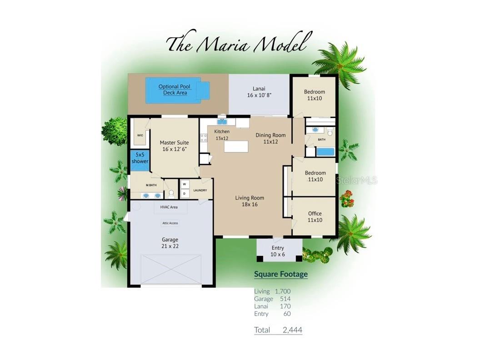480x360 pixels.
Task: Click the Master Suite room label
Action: [x=174, y=142]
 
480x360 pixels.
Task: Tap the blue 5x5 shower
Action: [x=140, y=161]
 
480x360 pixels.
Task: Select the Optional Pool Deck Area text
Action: [x=175, y=90]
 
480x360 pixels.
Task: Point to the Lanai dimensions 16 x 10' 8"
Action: [x=259, y=95]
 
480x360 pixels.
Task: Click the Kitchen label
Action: [x=222, y=131]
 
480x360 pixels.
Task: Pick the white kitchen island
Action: [x=236, y=146]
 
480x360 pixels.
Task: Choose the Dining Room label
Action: [x=270, y=135]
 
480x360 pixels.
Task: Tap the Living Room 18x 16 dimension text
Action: [x=250, y=205]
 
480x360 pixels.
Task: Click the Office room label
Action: [x=315, y=213]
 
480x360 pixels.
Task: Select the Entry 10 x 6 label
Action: [x=278, y=251]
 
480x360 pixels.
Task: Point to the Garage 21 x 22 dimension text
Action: [x=170, y=246]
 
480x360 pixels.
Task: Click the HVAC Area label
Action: [x=169, y=207]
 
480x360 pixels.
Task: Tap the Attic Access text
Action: [x=170, y=223]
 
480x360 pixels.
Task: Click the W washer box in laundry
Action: [x=185, y=184]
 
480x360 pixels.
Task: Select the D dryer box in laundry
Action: [x=185, y=194]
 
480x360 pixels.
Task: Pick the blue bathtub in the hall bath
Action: [x=325, y=152]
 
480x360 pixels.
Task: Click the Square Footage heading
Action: [x=281, y=274]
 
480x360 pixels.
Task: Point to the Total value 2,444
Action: [x=292, y=330]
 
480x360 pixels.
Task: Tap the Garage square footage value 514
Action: [x=285, y=299]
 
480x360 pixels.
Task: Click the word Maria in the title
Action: [x=222, y=45]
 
